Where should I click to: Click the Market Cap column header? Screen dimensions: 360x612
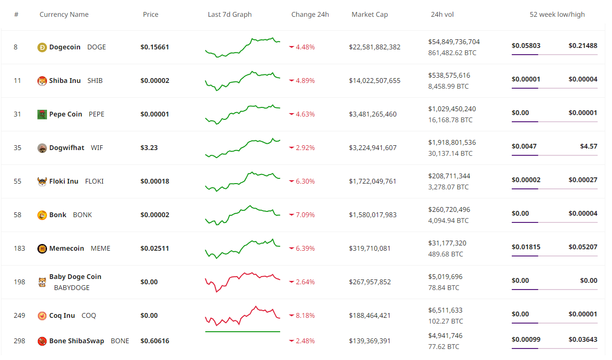[369, 14]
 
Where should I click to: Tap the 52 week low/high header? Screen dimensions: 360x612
[557, 14]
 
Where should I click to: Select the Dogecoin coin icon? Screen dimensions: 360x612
[42, 47]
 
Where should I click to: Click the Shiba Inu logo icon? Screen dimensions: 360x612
[42, 81]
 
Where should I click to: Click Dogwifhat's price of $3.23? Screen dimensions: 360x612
[149, 148]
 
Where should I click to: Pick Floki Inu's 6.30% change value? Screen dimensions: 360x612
[305, 181]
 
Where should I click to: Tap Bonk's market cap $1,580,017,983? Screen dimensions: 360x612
[373, 215]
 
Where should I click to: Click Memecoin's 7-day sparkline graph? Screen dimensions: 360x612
[243, 248]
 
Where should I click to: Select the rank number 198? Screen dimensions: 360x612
[19, 282]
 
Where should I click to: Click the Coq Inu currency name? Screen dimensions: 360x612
[62, 315]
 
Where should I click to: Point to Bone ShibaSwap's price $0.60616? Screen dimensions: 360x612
[154, 341]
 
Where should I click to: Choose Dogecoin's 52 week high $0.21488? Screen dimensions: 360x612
[583, 46]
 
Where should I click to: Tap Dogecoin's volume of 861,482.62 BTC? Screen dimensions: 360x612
[452, 53]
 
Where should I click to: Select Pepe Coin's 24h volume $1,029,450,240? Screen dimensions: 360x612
[452, 109]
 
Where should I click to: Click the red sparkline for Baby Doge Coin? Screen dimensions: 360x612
[243, 281]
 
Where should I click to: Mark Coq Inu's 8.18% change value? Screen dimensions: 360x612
[305, 315]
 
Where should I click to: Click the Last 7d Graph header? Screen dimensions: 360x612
[230, 14]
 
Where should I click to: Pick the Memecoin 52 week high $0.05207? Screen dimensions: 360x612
[583, 247]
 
